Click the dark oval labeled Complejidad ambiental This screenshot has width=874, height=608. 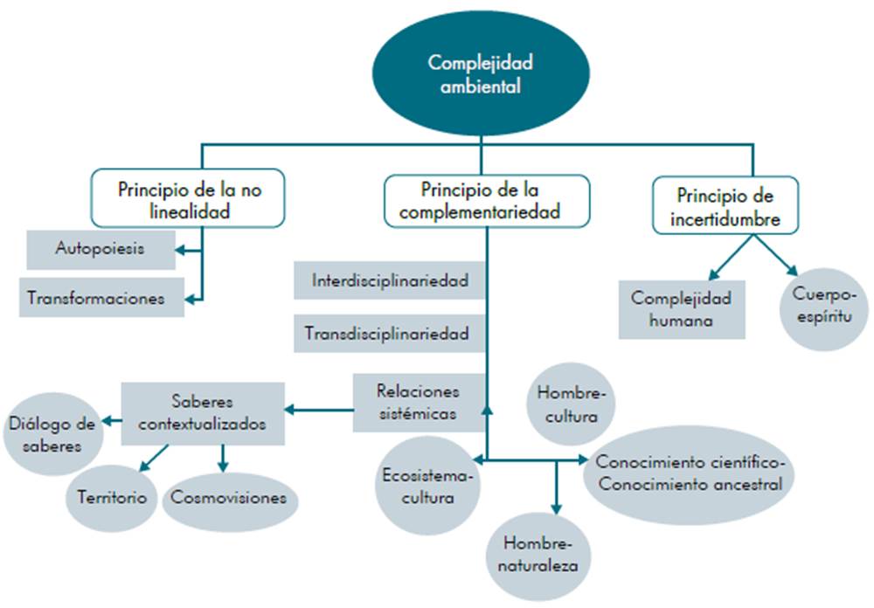point(480,73)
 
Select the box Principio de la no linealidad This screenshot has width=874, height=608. point(189,199)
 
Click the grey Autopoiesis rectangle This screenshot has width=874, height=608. point(99,249)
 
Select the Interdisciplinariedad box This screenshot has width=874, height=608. point(390,281)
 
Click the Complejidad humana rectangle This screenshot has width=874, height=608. point(682,308)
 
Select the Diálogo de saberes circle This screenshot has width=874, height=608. point(52,434)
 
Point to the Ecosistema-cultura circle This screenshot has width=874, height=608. point(427,487)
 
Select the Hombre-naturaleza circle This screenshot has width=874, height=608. point(538,552)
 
